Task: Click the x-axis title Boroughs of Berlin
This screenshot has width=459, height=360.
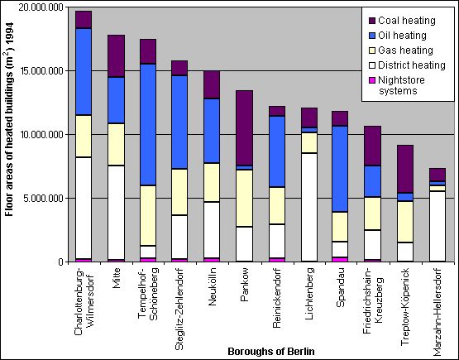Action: tap(272, 352)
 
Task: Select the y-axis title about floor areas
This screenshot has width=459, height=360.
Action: tap(10, 132)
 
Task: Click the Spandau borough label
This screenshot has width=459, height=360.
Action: tap(338, 288)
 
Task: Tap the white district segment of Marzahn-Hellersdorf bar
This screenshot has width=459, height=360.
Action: tap(437, 226)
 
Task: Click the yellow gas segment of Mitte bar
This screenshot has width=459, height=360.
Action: tap(116, 144)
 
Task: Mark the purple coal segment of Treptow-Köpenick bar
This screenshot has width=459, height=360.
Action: tap(404, 169)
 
